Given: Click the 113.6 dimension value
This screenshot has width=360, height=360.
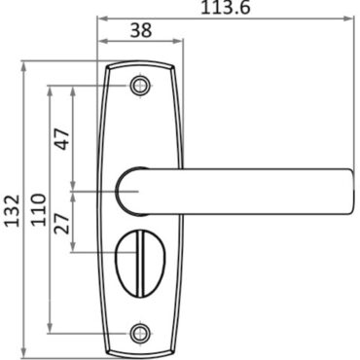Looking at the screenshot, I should point(226,7).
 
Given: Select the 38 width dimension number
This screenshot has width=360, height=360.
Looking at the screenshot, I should point(141,29).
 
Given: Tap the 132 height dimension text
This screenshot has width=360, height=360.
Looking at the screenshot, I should point(12,210).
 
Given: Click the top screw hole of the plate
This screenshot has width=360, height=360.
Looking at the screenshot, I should point(141,86).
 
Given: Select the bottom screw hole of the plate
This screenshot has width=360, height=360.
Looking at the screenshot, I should point(141,333).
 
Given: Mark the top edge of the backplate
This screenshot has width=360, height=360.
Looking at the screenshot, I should point(141,64).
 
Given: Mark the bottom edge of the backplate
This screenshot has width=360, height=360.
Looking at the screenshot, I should point(141,353).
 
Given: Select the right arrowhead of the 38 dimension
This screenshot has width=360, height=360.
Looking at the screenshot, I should point(180,41).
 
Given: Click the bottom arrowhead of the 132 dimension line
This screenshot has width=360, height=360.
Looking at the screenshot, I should point(23,350).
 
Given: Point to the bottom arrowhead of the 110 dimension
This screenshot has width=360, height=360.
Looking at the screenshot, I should point(50,330).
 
